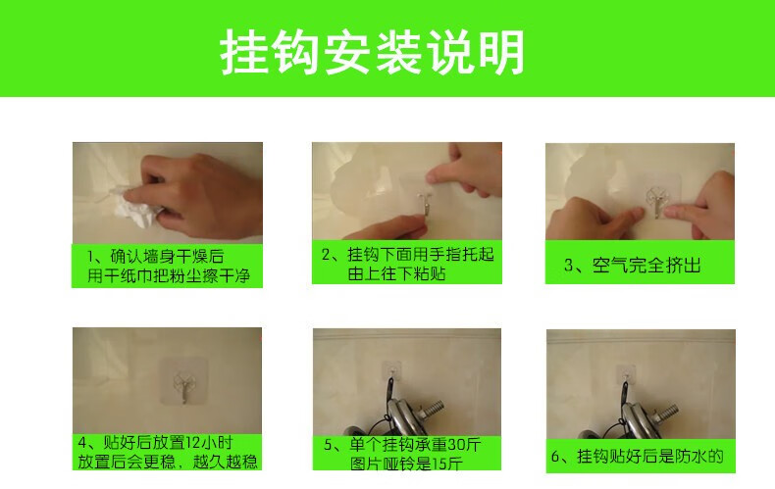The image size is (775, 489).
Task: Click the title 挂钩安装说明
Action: pos(372,52)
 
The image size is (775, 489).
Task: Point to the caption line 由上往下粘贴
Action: pos(397,273)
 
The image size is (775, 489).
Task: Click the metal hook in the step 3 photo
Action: pos(656,204)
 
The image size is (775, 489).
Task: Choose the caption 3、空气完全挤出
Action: pos(633,266)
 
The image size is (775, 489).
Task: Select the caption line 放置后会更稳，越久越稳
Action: pos(168,462)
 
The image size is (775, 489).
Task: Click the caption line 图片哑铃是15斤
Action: pos(406,464)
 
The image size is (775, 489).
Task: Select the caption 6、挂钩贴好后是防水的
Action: pos(637,456)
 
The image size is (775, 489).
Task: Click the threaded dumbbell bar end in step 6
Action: pos(666,411)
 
